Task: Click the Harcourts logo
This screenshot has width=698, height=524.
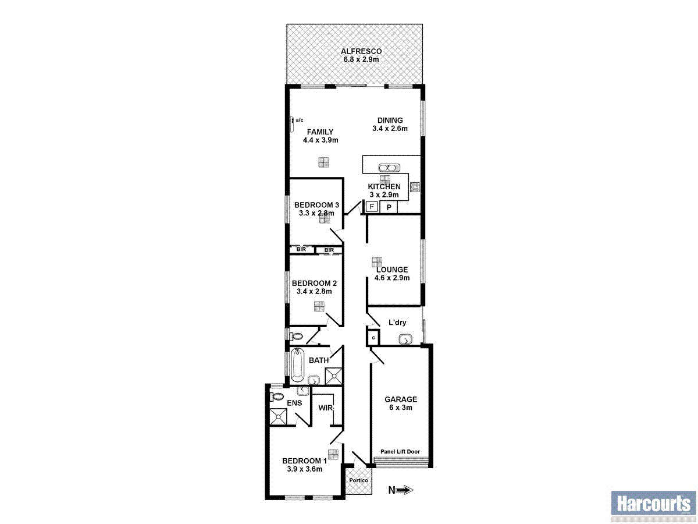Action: click(653, 504)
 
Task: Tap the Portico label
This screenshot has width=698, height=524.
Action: click(358, 480)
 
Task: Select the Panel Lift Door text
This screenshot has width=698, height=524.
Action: click(400, 452)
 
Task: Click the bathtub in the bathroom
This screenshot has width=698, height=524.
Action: click(297, 364)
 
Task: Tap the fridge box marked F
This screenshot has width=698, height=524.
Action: click(371, 207)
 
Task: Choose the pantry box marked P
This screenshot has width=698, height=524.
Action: click(389, 207)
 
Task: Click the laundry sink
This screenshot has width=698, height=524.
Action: click(405, 339)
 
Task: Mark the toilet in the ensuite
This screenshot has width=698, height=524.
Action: click(276, 397)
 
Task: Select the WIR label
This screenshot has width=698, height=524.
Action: click(326, 408)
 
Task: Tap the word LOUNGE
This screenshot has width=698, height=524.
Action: click(392, 270)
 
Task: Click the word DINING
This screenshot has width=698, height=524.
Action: click(390, 121)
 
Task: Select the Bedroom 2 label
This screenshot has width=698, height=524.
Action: click(315, 284)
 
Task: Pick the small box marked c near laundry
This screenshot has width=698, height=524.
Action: click(373, 338)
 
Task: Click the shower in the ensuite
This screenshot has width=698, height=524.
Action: click(279, 416)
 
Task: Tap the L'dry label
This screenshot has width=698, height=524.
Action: click(397, 322)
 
